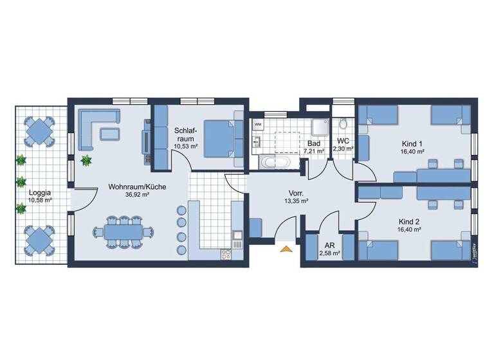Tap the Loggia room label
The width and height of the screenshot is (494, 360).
pyautogui.click(x=40, y=192)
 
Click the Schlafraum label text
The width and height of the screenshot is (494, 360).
pyautogui.click(x=185, y=138)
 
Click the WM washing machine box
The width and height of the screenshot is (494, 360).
pyautogui.click(x=257, y=123)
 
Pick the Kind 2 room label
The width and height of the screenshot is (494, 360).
pyautogui.click(x=409, y=220)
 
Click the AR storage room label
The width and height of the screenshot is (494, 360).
pyautogui.click(x=328, y=246)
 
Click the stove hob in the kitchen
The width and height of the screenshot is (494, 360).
pyautogui.click(x=226, y=253)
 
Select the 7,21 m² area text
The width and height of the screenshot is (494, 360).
pyautogui.click(x=314, y=152)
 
